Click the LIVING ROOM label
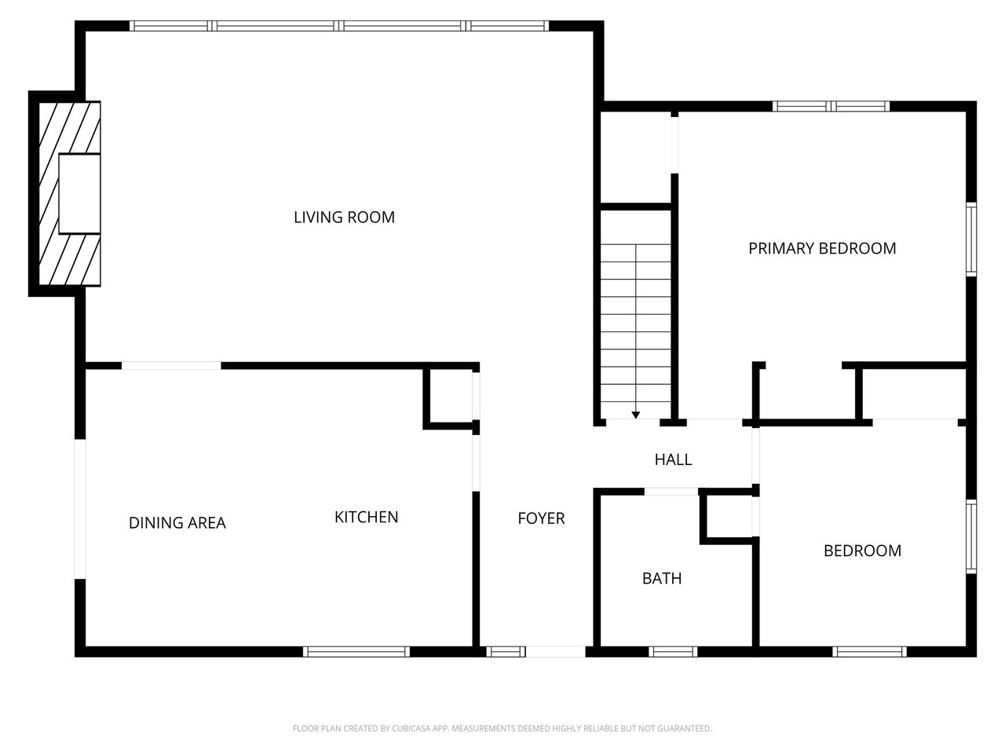click(344, 217)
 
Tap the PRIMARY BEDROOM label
click(821, 248)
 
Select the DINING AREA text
click(177, 522)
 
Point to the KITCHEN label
click(366, 517)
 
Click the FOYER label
click(541, 518)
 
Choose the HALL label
click(673, 459)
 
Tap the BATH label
click(661, 578)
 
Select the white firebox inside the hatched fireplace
click(79, 193)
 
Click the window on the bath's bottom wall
click(673, 651)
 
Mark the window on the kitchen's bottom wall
click(356, 651)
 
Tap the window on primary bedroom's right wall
click(970, 239)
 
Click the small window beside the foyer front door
click(506, 651)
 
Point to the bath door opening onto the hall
click(671, 492)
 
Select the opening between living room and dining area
click(171, 365)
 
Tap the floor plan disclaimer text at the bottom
click(502, 728)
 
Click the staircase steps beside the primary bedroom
click(635, 322)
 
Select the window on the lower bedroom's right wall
click(970, 537)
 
